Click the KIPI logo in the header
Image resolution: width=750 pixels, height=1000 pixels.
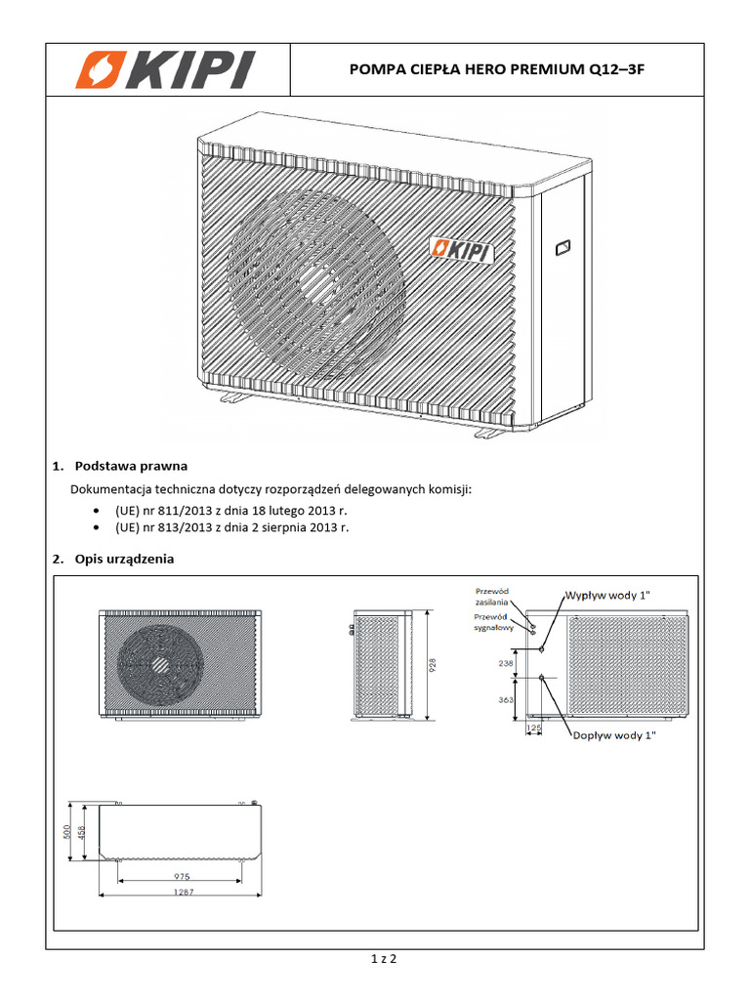167,70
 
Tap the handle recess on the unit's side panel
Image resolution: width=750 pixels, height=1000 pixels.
563,248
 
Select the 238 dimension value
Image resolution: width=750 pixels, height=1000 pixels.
504,662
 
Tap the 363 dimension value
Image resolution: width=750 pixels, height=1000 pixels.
504,700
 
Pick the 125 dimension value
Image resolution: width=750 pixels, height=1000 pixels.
534,729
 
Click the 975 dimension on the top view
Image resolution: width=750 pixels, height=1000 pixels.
181,876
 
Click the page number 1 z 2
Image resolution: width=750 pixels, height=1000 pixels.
384,959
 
